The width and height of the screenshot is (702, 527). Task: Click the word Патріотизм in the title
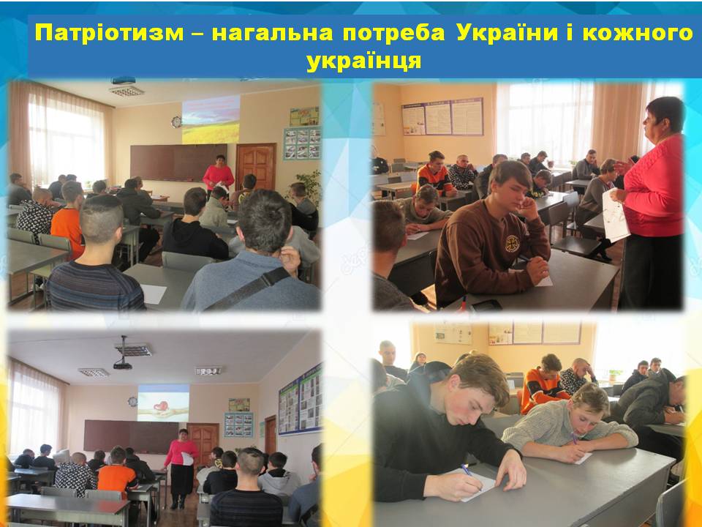pyautogui.click(x=110, y=33)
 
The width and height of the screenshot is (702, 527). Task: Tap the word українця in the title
pyautogui.click(x=364, y=61)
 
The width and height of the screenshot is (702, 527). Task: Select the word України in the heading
pyautogui.click(x=507, y=33)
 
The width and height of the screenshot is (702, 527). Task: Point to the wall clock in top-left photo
pyautogui.click(x=176, y=122)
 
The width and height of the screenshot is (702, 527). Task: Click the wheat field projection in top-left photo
pyautogui.click(x=211, y=119)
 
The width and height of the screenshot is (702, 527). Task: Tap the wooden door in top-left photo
pyautogui.click(x=256, y=167)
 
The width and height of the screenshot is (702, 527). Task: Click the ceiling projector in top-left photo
pyautogui.click(x=123, y=81)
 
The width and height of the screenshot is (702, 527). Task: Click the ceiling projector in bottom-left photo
pyautogui.click(x=123, y=359)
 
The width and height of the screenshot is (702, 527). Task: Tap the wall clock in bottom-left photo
pyautogui.click(x=132, y=402)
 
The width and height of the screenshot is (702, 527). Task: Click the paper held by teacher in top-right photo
pyautogui.click(x=615, y=215)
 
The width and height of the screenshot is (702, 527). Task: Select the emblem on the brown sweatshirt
pyautogui.click(x=511, y=244)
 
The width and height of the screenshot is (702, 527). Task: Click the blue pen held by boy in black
pyautogui.click(x=468, y=473)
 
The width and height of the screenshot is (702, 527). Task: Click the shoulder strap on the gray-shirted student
pyautogui.click(x=249, y=289)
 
